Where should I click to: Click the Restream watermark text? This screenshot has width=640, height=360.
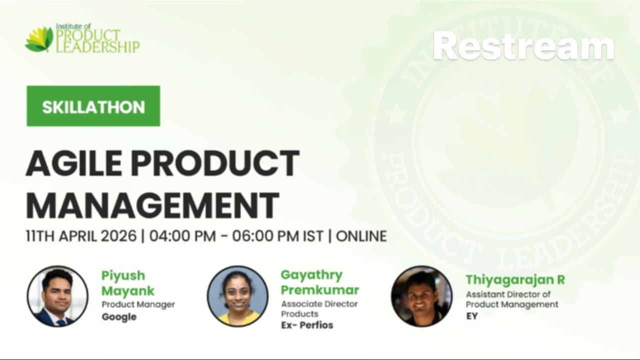(x=523, y=46)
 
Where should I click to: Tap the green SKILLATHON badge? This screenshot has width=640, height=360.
(x=93, y=106)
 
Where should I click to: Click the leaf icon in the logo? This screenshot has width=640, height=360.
(x=39, y=40)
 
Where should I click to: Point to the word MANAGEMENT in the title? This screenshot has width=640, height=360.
(x=152, y=204)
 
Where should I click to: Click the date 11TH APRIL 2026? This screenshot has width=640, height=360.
(x=81, y=236)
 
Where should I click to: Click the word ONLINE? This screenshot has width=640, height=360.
(x=361, y=236)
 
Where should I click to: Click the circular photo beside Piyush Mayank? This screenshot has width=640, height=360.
(x=57, y=296)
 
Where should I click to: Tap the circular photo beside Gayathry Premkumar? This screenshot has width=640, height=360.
(x=238, y=296)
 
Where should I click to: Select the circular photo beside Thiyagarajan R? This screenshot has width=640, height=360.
(x=421, y=296)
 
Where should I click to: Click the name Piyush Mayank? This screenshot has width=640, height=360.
(x=128, y=283)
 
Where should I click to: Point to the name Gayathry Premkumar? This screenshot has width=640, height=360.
(x=319, y=282)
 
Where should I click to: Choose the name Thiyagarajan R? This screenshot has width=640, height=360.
(x=515, y=279)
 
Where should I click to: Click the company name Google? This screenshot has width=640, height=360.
(x=119, y=317)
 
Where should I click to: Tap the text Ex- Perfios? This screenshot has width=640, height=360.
(x=306, y=325)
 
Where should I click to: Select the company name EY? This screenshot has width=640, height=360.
(x=471, y=316)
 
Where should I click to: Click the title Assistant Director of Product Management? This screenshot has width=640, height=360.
(x=511, y=299)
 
